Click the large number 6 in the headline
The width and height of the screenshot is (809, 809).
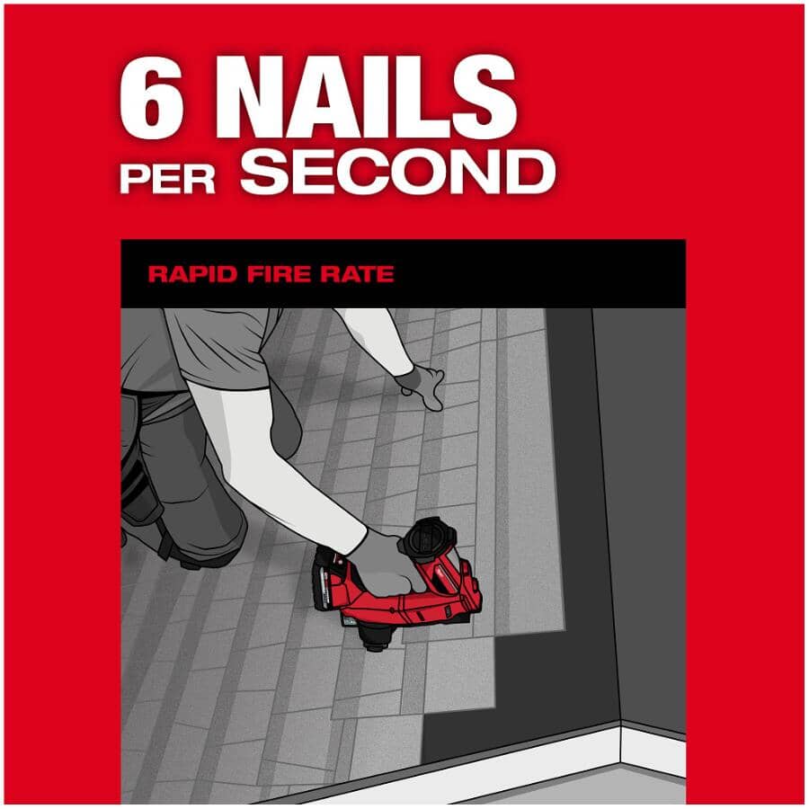(152, 97)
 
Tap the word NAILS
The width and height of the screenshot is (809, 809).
(364, 97)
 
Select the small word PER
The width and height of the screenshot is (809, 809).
(167, 179)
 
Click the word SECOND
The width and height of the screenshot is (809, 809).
(398, 172)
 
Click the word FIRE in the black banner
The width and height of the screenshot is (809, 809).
(279, 273)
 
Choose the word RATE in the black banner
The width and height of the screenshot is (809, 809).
(357, 273)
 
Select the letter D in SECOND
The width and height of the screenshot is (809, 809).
(531, 172)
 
